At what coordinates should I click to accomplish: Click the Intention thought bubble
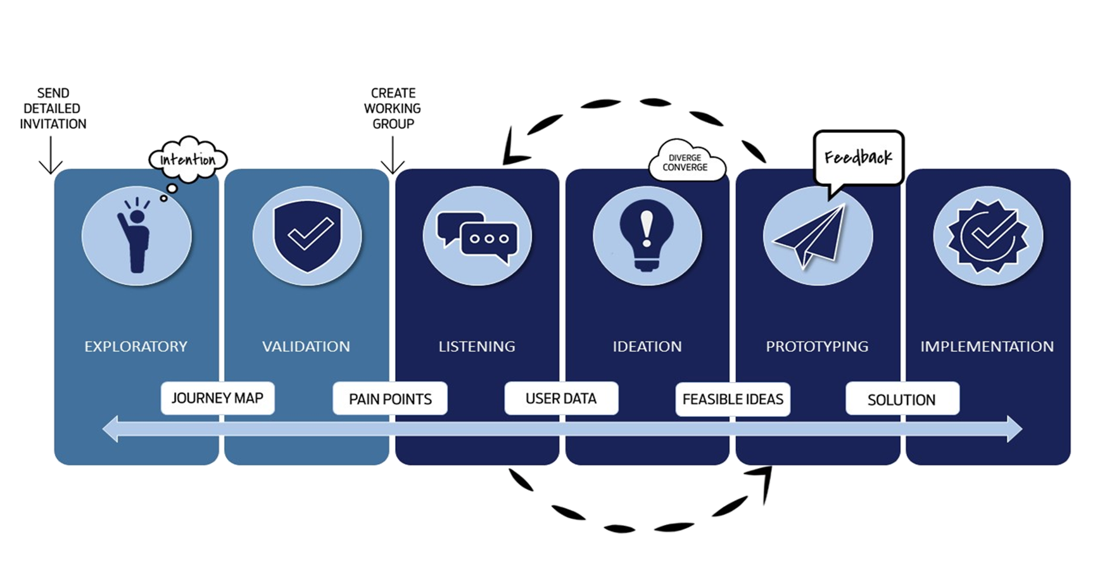tap(188, 160)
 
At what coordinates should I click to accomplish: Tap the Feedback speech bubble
tap(858, 158)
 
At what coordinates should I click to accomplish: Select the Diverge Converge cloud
tap(687, 161)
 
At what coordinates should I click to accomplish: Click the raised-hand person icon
tap(135, 234)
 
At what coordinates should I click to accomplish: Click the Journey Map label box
tap(217, 398)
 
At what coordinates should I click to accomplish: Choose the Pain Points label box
tap(390, 399)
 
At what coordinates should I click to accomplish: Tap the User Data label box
tap(561, 398)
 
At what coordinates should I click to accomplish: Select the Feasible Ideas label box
tap(733, 399)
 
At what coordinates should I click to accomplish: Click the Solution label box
tap(902, 399)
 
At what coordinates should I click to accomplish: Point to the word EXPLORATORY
tap(136, 346)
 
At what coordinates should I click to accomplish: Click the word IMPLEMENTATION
tap(987, 346)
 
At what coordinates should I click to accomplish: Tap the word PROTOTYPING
tap(817, 346)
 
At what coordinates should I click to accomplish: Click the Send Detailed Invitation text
tap(53, 108)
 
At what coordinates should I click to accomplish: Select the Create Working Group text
tap(393, 108)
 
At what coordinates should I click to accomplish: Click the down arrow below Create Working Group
tap(393, 155)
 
